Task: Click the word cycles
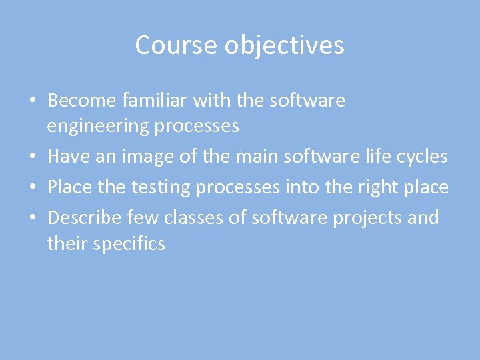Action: pyautogui.click(x=420, y=157)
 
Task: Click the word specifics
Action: pyautogui.click(x=129, y=244)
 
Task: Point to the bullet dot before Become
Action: pyautogui.click(x=32, y=101)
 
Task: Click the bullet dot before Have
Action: pyautogui.click(x=32, y=157)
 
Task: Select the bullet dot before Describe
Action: pyautogui.click(x=32, y=218)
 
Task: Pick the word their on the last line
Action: pyautogui.click(x=67, y=243)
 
